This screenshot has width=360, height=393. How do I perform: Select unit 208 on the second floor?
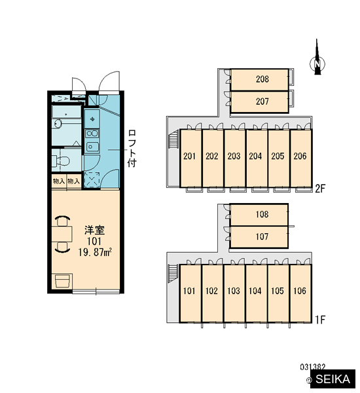coord(259,79)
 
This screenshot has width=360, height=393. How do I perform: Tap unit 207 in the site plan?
coord(259,102)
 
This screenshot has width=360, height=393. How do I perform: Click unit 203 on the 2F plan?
coord(235,158)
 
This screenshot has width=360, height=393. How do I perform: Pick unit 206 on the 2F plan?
coord(301,158)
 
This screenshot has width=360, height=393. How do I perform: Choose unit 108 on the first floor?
coord(259,215)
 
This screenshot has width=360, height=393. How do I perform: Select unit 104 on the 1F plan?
coord(257,293)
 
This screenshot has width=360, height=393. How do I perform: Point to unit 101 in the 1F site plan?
coord(190,293)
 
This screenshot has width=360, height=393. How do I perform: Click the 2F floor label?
coord(320,189)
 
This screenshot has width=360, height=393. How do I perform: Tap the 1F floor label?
coord(320,320)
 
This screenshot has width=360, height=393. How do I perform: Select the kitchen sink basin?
coord(92,146)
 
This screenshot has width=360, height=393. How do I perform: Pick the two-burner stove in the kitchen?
coord(92,134)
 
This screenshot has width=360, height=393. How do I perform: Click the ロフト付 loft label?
coord(132,149)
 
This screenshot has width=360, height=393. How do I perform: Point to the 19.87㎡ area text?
coord(95,253)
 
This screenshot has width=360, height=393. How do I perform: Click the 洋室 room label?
coord(94,230)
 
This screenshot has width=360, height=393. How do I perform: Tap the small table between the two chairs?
coord(62,234)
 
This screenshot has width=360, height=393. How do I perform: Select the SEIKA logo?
coord(333,379)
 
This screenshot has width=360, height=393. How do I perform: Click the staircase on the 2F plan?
coord(173,141)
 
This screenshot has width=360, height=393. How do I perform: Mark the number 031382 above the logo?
coord(313,367)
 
